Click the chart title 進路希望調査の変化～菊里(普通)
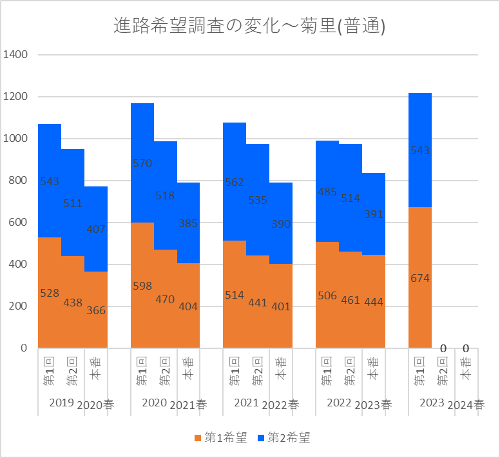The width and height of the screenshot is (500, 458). click(x=249, y=26)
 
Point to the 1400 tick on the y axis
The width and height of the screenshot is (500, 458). click(x=15, y=55)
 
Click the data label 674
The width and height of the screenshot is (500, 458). click(x=419, y=279)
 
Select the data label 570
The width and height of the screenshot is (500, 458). click(x=142, y=164)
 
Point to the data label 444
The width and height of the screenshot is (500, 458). click(x=374, y=302)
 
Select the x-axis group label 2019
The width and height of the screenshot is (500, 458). click(x=61, y=403)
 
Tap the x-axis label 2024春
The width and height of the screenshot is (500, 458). click(x=466, y=405)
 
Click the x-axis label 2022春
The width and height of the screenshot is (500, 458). click(x=281, y=405)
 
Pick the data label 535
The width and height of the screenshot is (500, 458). click(x=258, y=201)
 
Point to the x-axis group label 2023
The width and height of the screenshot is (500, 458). click(x=432, y=403)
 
